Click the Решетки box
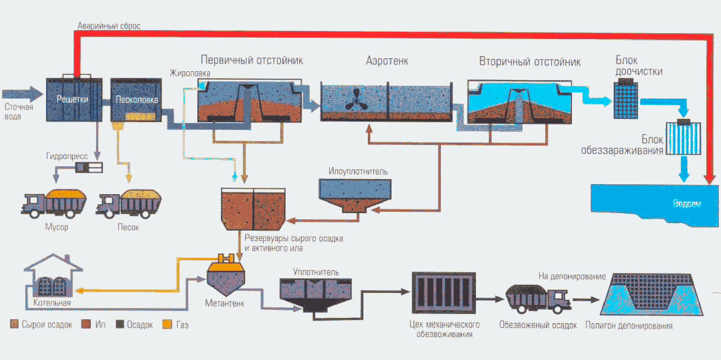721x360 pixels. pyautogui.click(x=74, y=100)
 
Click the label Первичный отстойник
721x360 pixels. pyautogui.click(x=252, y=60)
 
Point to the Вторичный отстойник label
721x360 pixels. pyautogui.click(x=529, y=61)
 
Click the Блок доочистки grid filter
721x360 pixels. pyautogui.click(x=625, y=100)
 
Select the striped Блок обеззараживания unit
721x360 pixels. pyautogui.click(x=683, y=138)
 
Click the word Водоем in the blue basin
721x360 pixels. pyautogui.click(x=686, y=203)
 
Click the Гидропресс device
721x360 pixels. pyautogui.click(x=89, y=167)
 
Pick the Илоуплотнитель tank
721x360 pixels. pyautogui.click(x=355, y=194)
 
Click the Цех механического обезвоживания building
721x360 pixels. pyautogui.click(x=444, y=292)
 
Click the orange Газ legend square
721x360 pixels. pyautogui.click(x=167, y=324)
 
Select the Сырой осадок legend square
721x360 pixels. pyautogui.click(x=14, y=324)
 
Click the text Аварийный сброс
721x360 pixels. pyautogui.click(x=109, y=26)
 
